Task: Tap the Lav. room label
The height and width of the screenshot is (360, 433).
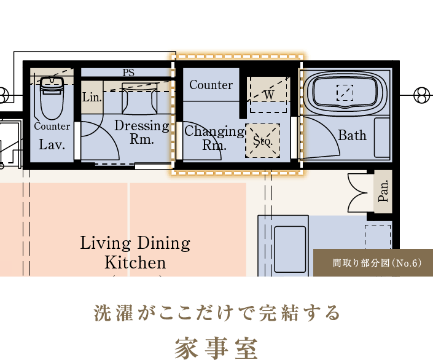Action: click(52, 144)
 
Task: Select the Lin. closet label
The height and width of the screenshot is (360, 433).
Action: click(92, 97)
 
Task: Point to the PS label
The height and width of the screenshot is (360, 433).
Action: click(128, 72)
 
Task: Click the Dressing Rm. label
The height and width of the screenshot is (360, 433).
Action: click(142, 132)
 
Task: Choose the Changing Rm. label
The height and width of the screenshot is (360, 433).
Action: click(214, 138)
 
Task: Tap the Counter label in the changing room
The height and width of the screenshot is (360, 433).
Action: click(211, 85)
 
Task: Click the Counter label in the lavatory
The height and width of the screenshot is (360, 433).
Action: click(52, 127)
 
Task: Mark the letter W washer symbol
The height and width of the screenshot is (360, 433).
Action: click(268, 95)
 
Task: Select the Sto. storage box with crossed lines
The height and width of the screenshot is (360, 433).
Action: click(263, 141)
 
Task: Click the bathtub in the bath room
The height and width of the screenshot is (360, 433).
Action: click(345, 91)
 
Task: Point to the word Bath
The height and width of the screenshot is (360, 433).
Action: click(353, 135)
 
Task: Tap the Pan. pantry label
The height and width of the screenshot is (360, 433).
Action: click(383, 191)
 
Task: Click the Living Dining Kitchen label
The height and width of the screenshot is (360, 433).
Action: click(135, 252)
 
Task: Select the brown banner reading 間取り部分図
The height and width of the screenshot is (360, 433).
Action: click(373, 262)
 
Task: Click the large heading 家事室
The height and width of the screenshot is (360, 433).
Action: click(216, 348)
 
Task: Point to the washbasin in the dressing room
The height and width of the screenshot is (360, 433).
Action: click(140, 98)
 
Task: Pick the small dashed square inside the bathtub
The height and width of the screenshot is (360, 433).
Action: click(345, 93)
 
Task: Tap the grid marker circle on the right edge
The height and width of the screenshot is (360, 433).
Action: click(422, 95)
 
